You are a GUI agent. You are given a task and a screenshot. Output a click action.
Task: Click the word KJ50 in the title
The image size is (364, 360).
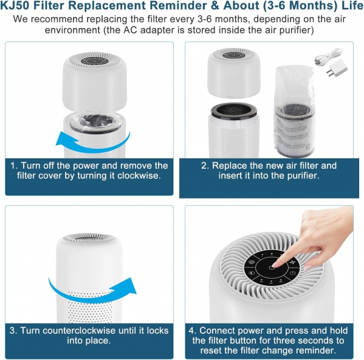pos(15,5)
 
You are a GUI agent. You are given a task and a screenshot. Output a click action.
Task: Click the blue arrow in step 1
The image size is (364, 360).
pos(93,142)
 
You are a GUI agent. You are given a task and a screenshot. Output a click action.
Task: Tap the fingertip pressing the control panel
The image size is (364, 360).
pos(275,265)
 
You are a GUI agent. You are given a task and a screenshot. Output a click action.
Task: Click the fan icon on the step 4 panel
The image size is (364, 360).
pos(291,262)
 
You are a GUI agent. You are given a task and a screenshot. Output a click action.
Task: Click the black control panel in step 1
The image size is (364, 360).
pos(95,61)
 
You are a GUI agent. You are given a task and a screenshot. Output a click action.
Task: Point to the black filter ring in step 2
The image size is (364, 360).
pos(234,110)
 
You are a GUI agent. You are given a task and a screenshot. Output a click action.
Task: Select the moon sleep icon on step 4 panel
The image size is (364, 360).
pos(252,273)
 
